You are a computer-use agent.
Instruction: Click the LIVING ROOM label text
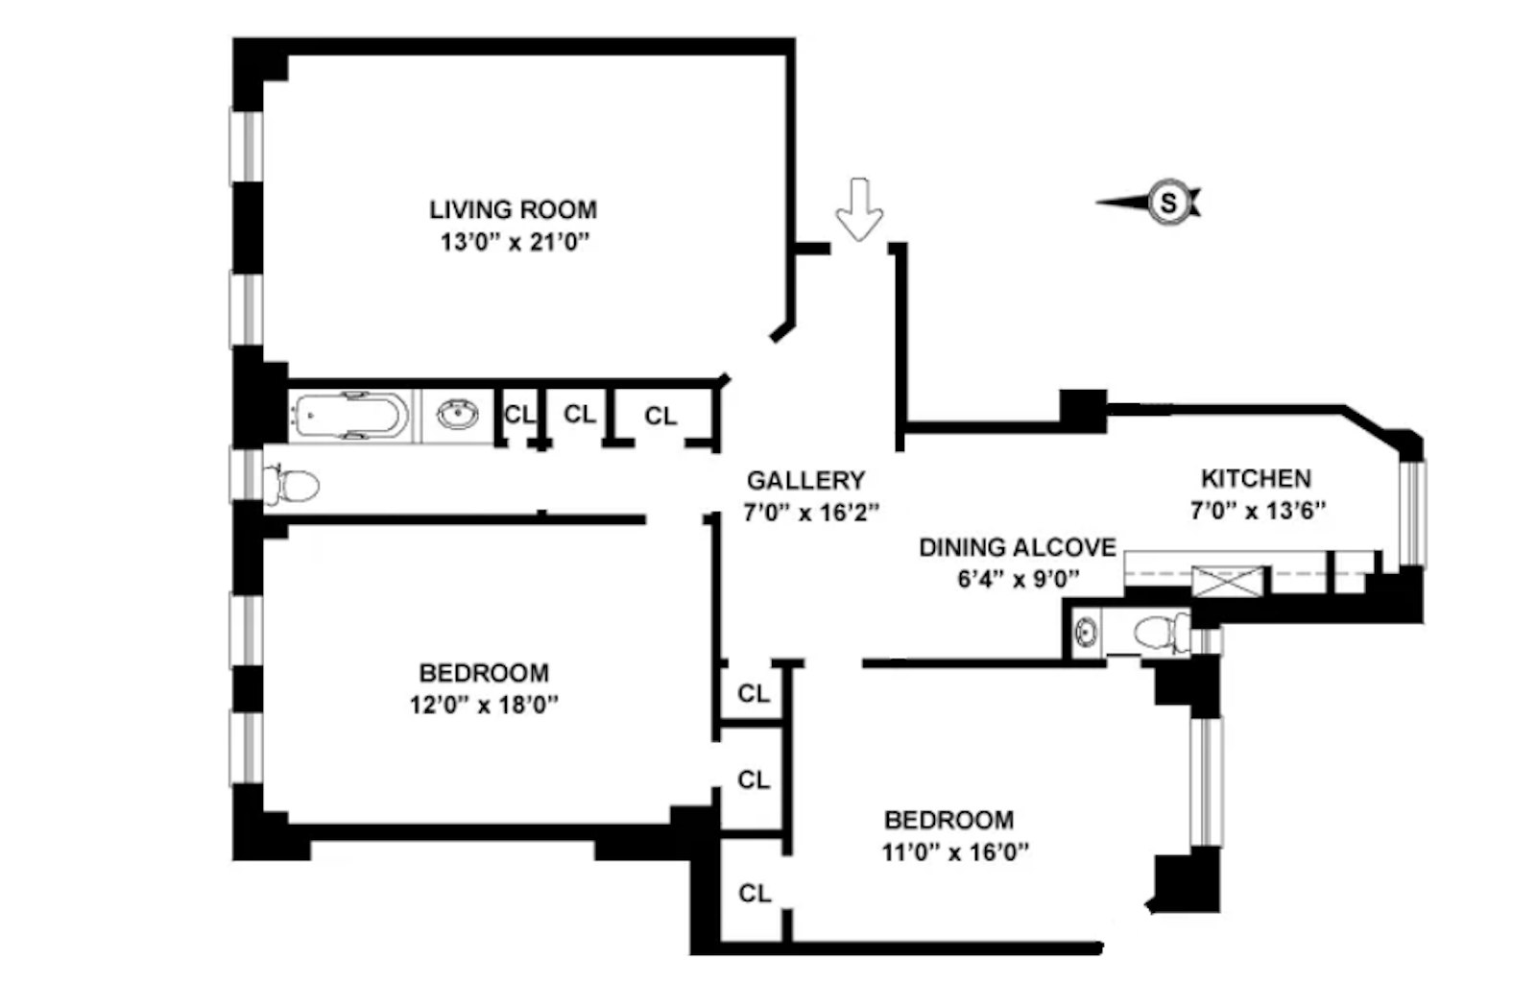coord(513,209)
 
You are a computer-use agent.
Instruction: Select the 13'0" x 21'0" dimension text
coord(514,242)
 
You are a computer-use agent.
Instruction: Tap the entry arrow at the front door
coord(859,208)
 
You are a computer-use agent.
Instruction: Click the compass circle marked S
coord(1168,203)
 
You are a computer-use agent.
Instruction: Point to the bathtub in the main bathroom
coord(348,416)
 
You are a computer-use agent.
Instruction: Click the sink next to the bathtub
coord(458,415)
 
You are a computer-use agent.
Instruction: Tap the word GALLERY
coord(805,480)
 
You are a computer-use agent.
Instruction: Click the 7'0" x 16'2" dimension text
coord(811,513)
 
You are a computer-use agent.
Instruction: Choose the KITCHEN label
coord(1255,478)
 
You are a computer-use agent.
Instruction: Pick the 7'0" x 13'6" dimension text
coord(1258,511)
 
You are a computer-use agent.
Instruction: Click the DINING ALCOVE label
coord(1017,547)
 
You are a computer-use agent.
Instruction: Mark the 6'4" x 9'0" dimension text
coord(1018,579)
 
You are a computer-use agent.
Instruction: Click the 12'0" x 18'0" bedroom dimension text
coord(484,706)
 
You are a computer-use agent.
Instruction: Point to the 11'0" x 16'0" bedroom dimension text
coord(955,851)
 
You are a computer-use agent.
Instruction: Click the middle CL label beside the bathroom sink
coord(579,414)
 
